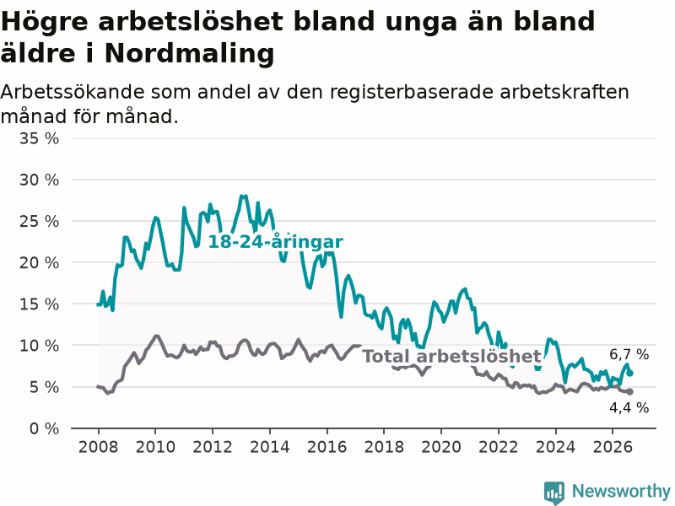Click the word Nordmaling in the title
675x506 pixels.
point(189,53)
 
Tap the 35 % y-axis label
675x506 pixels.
point(39,138)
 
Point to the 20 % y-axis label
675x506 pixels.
point(39,262)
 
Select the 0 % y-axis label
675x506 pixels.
point(45,428)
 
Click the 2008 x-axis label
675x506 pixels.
point(98,447)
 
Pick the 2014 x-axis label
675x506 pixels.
point(269,447)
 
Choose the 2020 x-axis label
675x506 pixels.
point(440,447)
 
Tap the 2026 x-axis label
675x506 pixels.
point(613,447)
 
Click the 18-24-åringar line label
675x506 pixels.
point(276,242)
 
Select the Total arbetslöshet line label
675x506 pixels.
point(451,356)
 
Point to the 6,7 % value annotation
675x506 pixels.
point(629,354)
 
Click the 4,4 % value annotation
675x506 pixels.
point(629,407)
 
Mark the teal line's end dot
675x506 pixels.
point(630,373)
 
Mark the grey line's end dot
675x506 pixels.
point(630,391)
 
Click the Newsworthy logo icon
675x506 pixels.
point(554,493)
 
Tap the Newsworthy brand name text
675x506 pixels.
point(621,491)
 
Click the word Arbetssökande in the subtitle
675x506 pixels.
point(72,92)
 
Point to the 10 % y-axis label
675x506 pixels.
point(39,346)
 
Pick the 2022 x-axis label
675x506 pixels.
point(498,447)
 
